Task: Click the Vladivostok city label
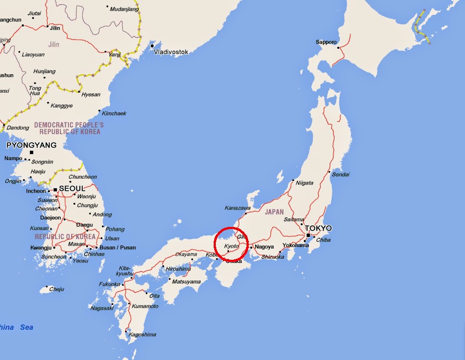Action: click(x=171, y=52)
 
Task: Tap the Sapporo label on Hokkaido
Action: click(x=327, y=42)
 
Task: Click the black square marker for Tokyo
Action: click(x=308, y=235)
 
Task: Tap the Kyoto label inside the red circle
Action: click(x=231, y=247)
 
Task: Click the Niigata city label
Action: click(x=304, y=183)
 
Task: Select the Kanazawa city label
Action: click(x=238, y=208)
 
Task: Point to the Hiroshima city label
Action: click(x=178, y=269)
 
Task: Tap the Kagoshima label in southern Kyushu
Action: click(x=142, y=335)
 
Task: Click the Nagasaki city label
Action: click(x=101, y=308)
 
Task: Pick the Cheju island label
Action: click(x=56, y=289)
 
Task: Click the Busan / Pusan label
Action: click(x=118, y=248)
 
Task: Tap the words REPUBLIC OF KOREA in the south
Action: click(x=65, y=236)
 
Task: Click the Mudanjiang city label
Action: click(x=124, y=9)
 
